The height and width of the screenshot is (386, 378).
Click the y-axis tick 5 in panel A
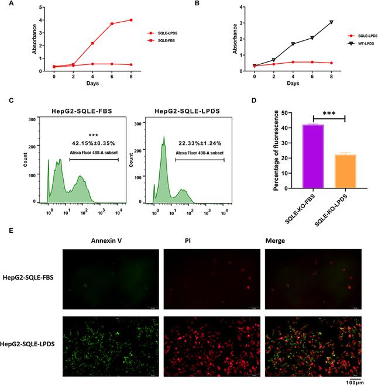41,7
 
